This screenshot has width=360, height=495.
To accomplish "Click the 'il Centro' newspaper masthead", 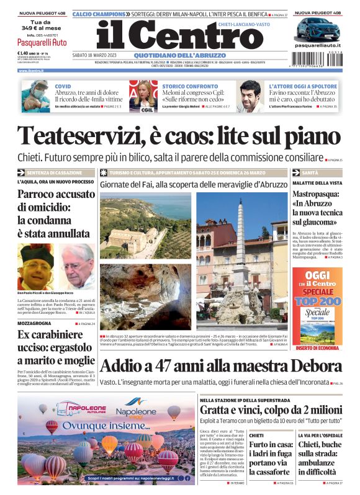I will coord(179,37).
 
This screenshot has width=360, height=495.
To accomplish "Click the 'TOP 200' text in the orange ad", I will coord(317,300).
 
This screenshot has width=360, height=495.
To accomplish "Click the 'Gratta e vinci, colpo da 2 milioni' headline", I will coord(270,410).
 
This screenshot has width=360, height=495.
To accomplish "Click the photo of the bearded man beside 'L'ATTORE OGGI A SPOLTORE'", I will coord(250,96).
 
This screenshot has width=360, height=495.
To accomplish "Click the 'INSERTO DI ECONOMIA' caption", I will coord(317,348).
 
